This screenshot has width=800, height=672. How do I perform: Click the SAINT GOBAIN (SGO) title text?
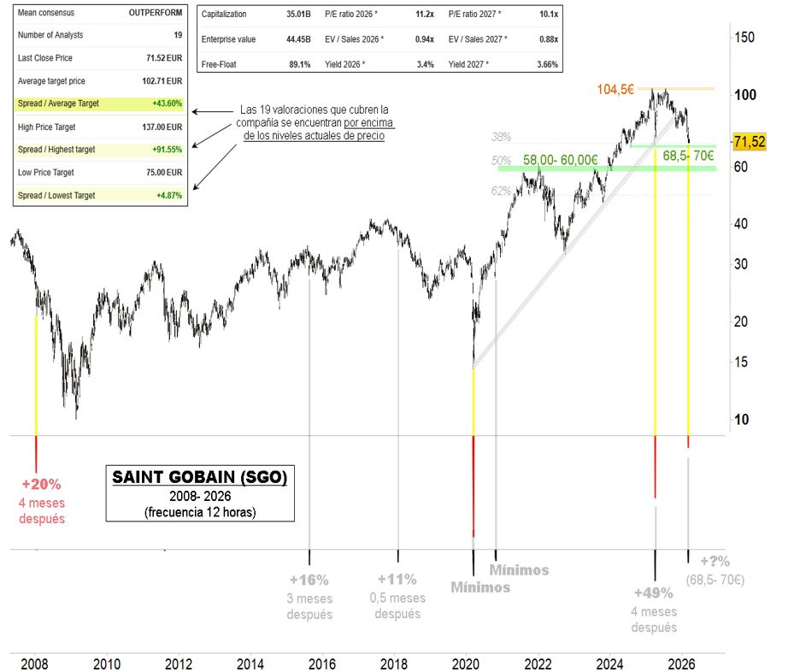[198, 477]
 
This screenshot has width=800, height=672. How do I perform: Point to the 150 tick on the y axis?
[744, 37]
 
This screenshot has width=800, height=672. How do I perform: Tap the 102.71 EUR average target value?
[162, 81]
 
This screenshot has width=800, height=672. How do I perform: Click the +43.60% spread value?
[165, 103]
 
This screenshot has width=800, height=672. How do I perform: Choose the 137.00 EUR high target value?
[162, 127]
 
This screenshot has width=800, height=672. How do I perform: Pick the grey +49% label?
[654, 593]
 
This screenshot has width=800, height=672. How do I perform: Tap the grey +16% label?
[309, 580]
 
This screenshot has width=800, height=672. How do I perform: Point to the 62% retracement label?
[501, 192]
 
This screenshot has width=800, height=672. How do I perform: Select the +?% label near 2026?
[715, 562]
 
